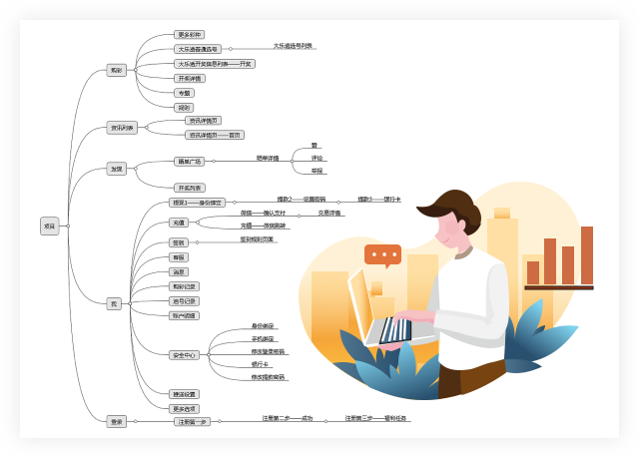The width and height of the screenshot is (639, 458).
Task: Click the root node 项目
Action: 50,226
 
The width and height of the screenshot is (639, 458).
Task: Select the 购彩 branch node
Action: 117,70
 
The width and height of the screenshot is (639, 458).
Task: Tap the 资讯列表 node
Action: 122,128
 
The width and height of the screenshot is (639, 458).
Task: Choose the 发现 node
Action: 117,169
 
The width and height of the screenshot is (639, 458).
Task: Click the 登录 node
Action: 117,421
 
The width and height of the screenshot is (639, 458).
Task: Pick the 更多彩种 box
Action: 189,34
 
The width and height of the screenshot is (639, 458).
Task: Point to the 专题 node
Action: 184,93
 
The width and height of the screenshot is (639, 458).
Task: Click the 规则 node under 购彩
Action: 184,107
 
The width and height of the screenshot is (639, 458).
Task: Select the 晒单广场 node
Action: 189,161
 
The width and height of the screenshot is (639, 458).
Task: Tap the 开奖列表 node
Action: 189,188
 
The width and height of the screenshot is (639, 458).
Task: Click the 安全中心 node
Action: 184,354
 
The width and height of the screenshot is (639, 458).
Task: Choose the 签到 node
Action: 178,241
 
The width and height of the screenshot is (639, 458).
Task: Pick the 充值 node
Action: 179,222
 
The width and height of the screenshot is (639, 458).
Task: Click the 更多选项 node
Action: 185,408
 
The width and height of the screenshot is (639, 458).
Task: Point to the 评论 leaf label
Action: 317,158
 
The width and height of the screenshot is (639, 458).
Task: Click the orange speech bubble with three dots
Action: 382,254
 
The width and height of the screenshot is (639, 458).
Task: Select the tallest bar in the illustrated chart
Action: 587,255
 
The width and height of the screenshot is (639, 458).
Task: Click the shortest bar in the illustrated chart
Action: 533,272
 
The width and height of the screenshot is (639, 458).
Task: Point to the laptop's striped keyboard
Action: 395,330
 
